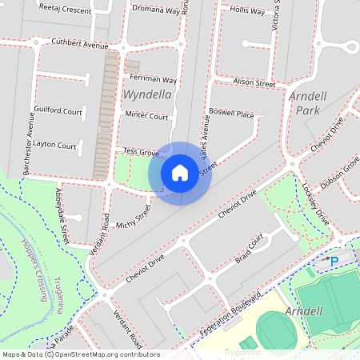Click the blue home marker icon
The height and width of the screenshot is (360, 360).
(180, 172)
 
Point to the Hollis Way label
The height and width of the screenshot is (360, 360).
(246, 12)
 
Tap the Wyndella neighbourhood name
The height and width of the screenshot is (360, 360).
(147, 94)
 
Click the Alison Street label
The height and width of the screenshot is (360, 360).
(254, 83)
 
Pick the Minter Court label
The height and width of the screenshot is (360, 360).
(147, 116)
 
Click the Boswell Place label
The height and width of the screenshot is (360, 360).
(230, 113)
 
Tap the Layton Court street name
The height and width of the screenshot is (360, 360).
(55, 146)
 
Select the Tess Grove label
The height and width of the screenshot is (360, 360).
(140, 151)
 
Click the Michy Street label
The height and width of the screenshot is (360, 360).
(132, 218)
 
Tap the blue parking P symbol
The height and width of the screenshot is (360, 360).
(334, 262)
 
